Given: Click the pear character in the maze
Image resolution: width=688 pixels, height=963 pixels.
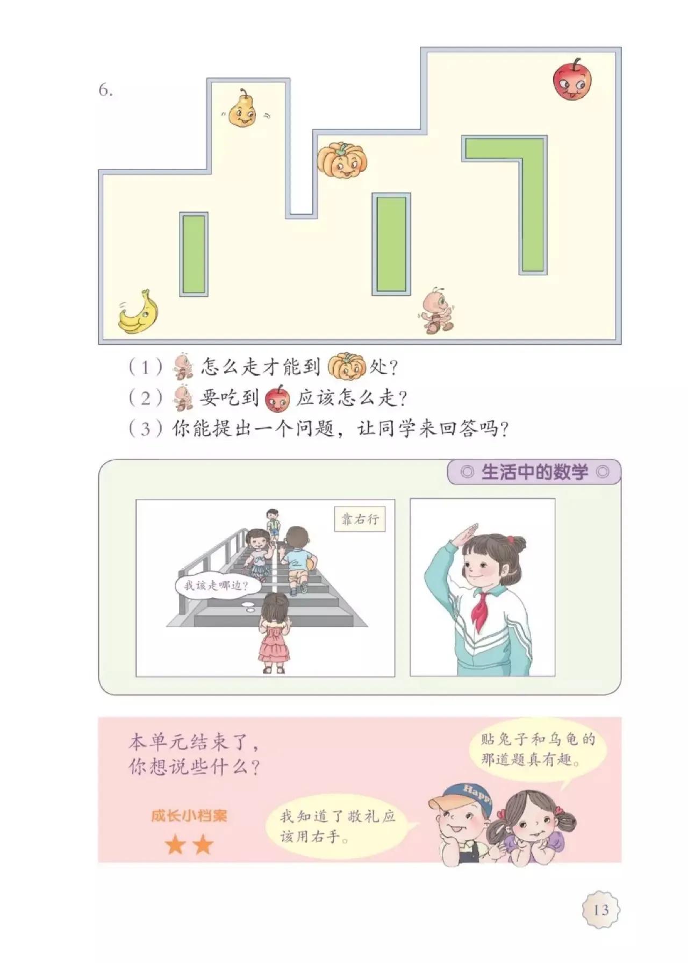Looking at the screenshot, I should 242,110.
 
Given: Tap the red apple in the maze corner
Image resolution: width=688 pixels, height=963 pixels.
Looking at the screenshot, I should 571,80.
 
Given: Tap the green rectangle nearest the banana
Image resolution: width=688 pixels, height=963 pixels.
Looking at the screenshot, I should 193,254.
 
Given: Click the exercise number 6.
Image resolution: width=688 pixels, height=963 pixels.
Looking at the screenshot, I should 105,90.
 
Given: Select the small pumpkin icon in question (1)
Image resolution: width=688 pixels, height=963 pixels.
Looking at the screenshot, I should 346,367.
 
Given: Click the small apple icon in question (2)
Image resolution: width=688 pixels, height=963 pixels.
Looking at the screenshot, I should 277,398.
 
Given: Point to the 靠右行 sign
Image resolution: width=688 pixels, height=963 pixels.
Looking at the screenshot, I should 360,519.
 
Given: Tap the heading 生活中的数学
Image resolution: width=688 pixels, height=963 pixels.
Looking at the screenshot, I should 534,472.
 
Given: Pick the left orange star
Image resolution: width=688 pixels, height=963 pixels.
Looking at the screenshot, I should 175,845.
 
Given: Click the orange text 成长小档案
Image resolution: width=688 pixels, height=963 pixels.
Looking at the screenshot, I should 189,816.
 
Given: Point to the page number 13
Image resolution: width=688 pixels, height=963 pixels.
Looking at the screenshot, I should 601,910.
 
